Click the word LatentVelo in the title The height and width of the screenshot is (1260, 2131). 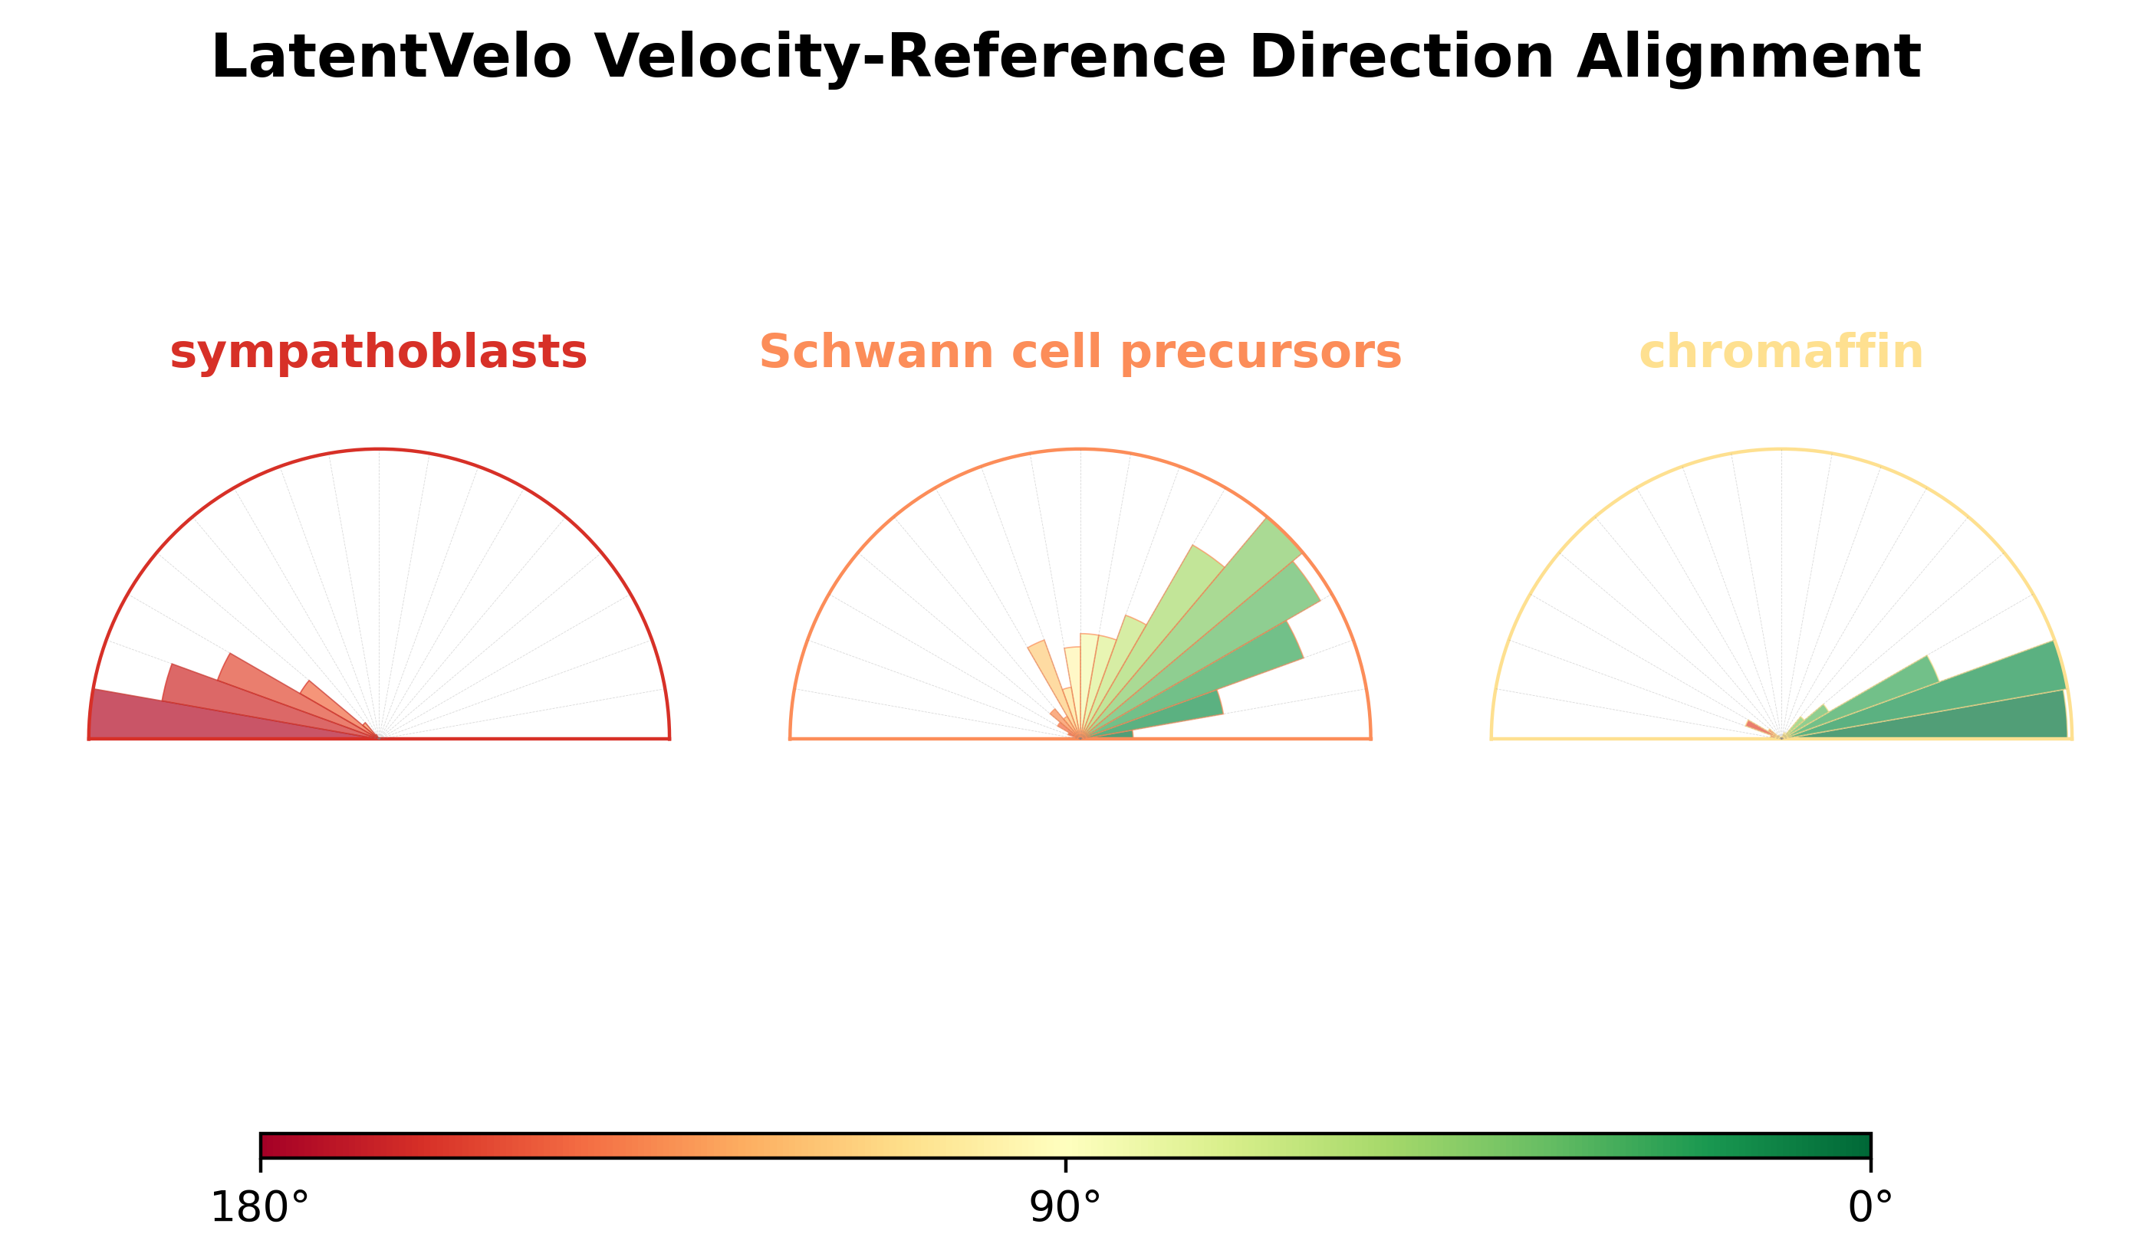click(392, 57)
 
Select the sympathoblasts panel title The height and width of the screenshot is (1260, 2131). click(378, 353)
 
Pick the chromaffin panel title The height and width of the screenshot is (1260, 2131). click(1781, 352)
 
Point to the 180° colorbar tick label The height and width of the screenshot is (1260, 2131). click(260, 1206)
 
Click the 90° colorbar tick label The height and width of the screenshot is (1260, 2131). click(1065, 1206)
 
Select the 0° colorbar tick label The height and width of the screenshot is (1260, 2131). click(1870, 1206)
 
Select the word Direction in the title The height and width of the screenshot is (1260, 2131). click(1402, 57)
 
